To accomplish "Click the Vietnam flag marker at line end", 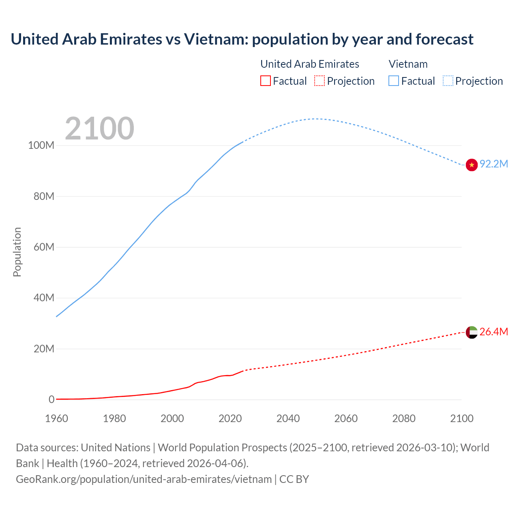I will pyautogui.click(x=472, y=165).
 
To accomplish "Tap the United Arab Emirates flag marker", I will pyautogui.click(x=472, y=332).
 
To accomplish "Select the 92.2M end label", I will pyautogui.click(x=493, y=164).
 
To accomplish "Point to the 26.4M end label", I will pyautogui.click(x=493, y=332).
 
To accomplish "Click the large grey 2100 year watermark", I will pyautogui.click(x=99, y=129).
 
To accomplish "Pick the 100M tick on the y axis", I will pyautogui.click(x=41, y=146).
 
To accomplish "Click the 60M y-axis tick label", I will pyautogui.click(x=43, y=247).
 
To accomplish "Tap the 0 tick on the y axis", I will pyautogui.click(x=51, y=400).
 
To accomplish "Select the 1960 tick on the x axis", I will pyautogui.click(x=57, y=418).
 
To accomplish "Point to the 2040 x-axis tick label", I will pyautogui.click(x=288, y=418).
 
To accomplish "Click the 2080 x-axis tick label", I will pyautogui.click(x=404, y=418).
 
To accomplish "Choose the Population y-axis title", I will pyautogui.click(x=17, y=252).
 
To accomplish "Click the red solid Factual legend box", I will pyautogui.click(x=266, y=81).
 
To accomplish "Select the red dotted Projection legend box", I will pyautogui.click(x=320, y=81).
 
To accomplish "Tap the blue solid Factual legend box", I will pyautogui.click(x=394, y=81).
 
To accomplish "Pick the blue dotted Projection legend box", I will pyautogui.click(x=448, y=81).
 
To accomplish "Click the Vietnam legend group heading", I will pyautogui.click(x=408, y=64).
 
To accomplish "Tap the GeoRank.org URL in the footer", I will pyautogui.click(x=144, y=479).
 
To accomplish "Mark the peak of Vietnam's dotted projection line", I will pyautogui.click(x=315, y=119).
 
